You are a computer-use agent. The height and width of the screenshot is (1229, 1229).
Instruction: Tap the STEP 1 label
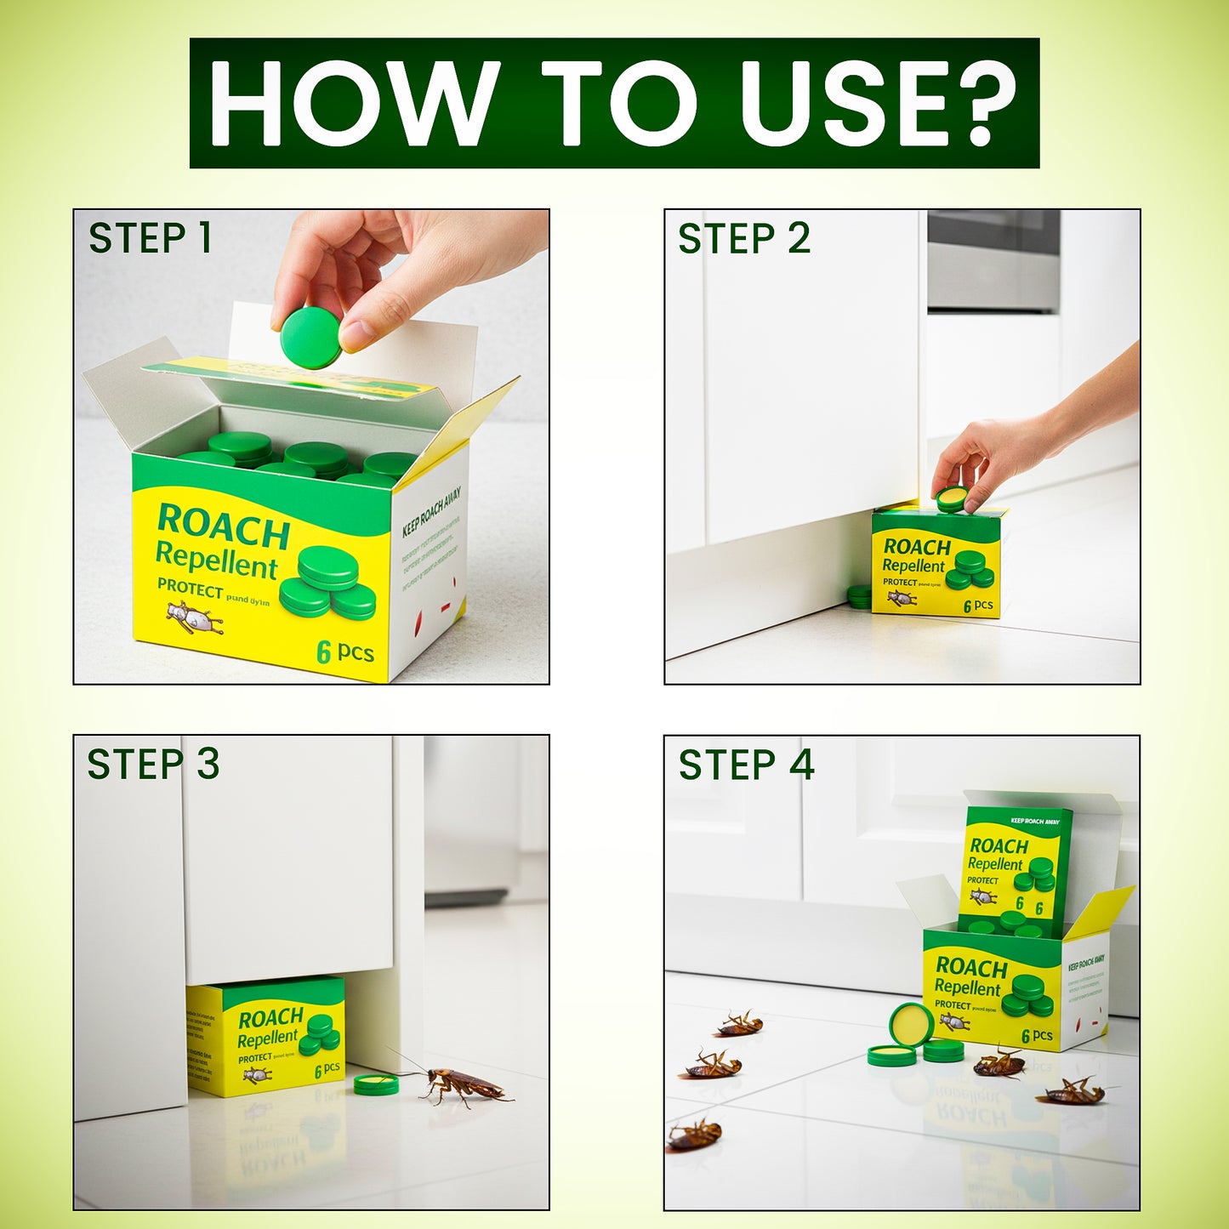[x=150, y=238]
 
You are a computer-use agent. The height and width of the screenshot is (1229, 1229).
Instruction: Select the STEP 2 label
[x=743, y=238]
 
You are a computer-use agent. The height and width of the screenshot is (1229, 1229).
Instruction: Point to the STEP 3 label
[x=153, y=764]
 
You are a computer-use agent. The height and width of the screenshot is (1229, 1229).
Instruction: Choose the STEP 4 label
[x=746, y=764]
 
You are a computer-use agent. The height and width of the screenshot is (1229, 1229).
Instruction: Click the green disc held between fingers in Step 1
[x=310, y=338]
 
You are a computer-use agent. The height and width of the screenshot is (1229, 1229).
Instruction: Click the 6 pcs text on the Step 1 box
[x=345, y=652]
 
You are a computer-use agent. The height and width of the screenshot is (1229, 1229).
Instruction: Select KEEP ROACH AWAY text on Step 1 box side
[x=431, y=511]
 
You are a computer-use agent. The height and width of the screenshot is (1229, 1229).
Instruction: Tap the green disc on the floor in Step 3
[x=376, y=1084]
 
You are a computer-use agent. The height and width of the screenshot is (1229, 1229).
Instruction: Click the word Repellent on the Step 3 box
[x=267, y=1038]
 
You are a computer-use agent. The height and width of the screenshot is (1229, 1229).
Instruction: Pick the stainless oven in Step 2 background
[x=993, y=259]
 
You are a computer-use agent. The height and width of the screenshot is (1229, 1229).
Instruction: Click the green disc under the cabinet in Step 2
[x=859, y=596]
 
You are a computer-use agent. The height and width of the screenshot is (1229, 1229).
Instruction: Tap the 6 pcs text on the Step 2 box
[x=978, y=606]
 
